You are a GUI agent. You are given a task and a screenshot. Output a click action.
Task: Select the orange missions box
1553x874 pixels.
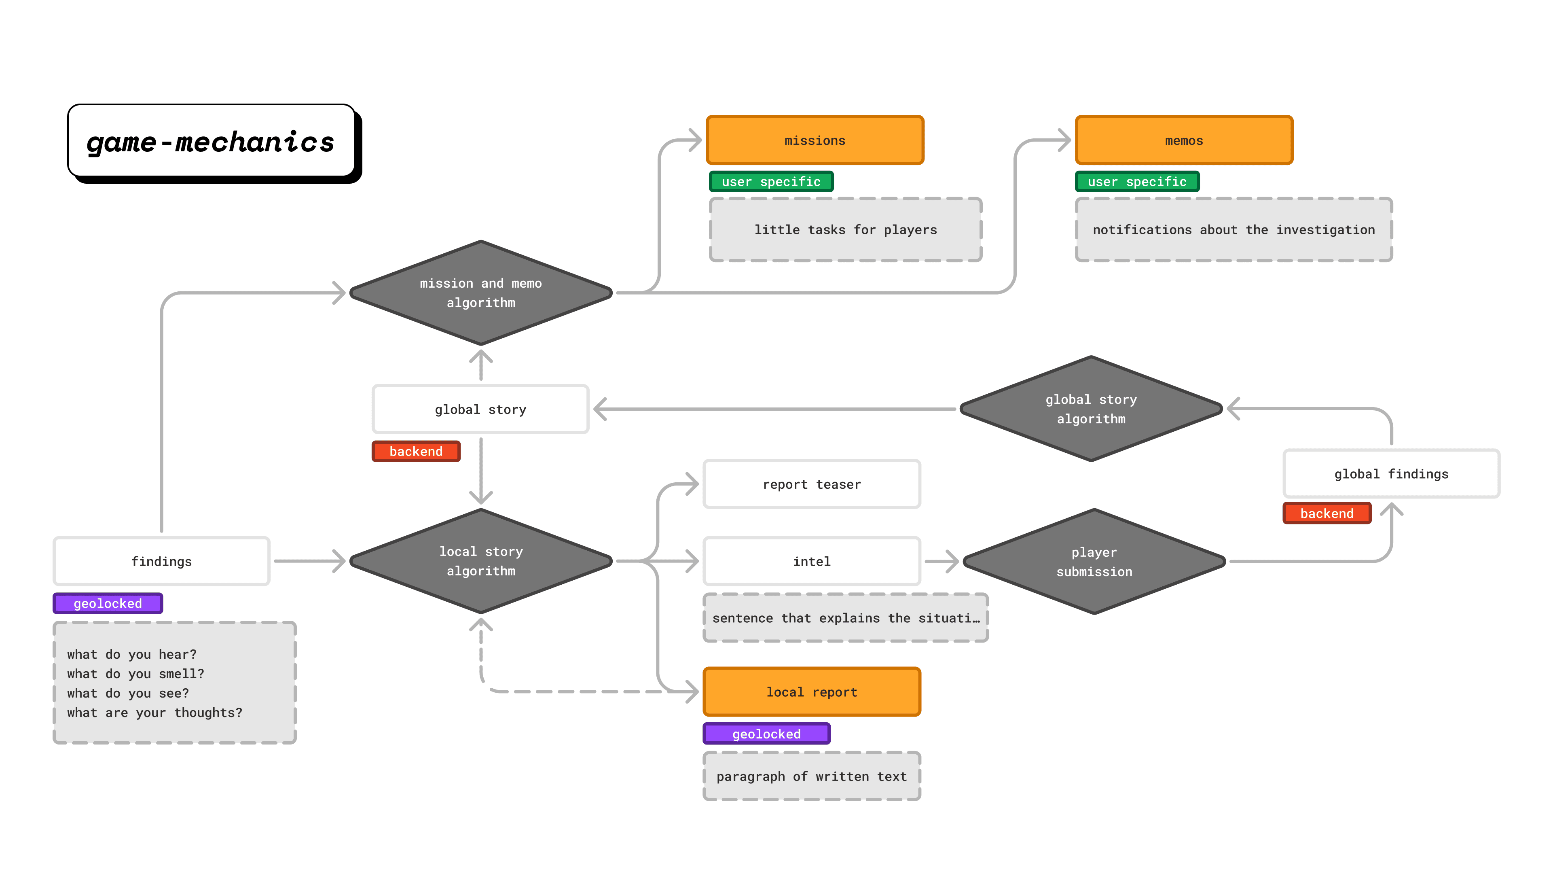[x=815, y=140]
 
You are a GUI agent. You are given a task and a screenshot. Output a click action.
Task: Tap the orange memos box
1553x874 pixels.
[x=1183, y=140]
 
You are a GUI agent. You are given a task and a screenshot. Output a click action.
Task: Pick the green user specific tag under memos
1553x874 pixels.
[x=1136, y=182]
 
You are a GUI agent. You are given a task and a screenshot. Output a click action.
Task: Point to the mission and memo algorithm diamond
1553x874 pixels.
[x=480, y=293]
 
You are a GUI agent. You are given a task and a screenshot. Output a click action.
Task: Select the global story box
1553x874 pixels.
[x=480, y=409]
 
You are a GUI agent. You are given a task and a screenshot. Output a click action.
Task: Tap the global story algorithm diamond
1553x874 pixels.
[x=1091, y=409]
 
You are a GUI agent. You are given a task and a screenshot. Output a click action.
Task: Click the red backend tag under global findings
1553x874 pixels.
[x=1327, y=513]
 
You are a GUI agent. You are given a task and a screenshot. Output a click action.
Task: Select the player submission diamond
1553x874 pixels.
[x=1094, y=562]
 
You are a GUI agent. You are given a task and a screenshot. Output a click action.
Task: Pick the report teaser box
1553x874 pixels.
[x=811, y=484]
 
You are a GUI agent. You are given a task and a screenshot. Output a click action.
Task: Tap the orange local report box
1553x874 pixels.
[x=811, y=692]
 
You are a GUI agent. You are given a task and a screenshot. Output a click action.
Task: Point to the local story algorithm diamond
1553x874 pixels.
[x=480, y=561]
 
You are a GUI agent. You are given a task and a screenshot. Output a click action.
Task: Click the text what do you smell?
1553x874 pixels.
[x=135, y=674]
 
